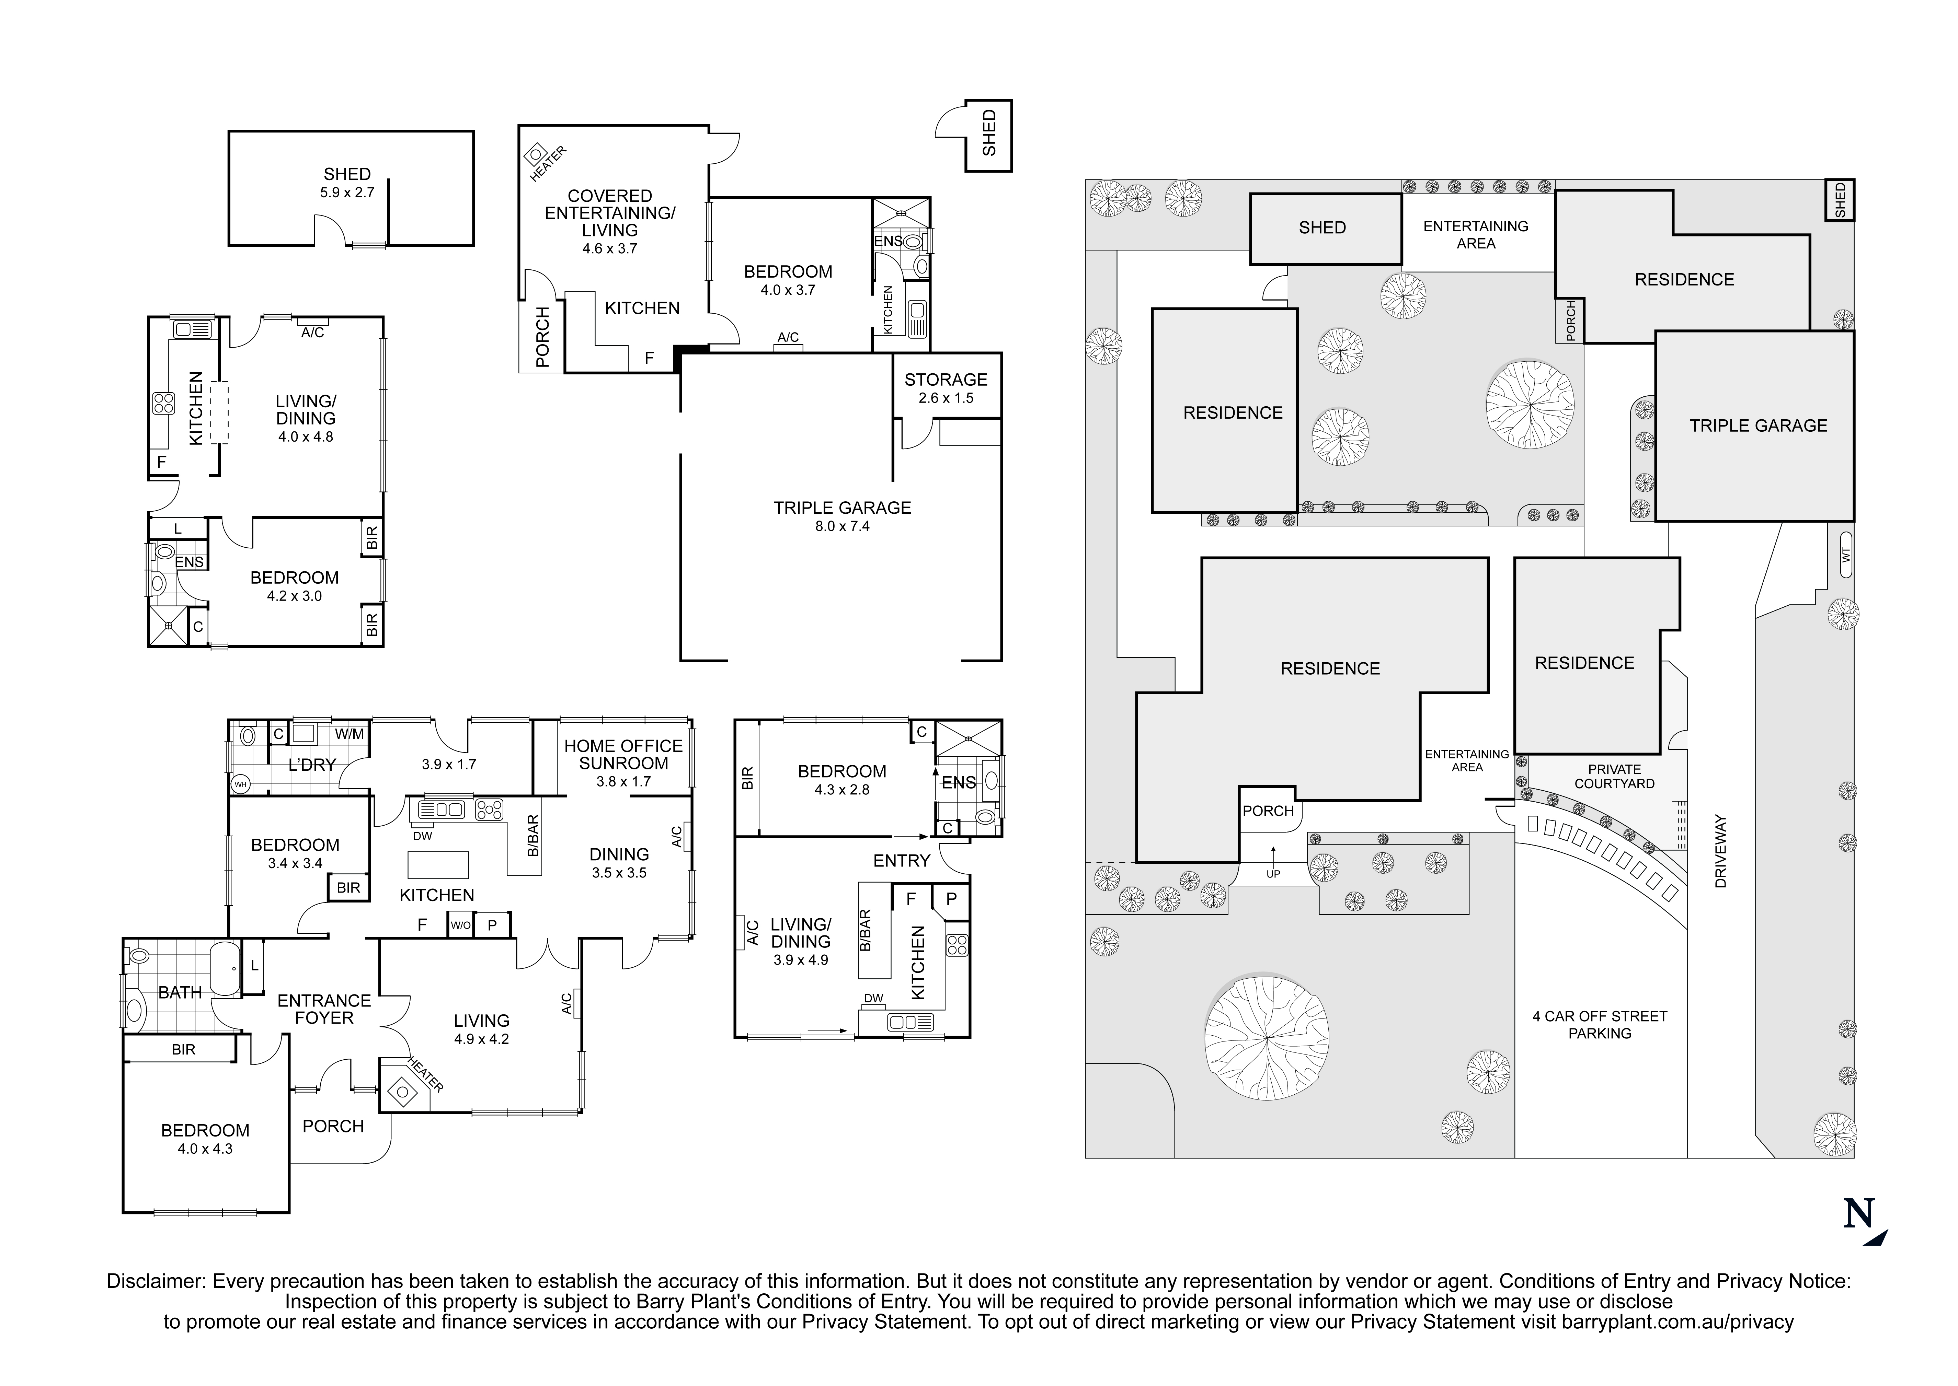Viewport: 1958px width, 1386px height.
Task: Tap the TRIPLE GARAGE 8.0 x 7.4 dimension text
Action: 842,527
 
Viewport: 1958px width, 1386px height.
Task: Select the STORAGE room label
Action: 945,380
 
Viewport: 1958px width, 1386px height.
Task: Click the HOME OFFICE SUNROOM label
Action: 623,755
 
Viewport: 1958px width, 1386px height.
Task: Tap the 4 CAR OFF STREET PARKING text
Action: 1599,1024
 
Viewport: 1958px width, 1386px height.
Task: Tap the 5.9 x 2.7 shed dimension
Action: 347,193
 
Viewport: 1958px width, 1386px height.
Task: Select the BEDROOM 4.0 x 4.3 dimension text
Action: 205,1149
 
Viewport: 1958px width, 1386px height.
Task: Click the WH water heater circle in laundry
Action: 240,783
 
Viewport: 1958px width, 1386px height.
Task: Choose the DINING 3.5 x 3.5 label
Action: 619,863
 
